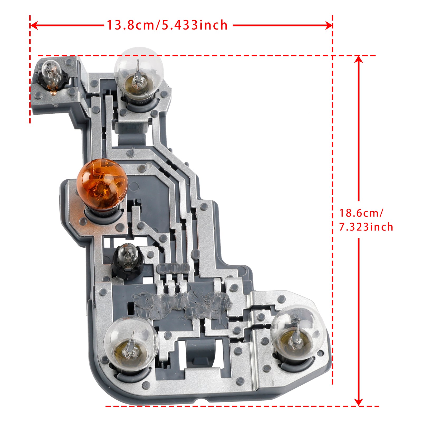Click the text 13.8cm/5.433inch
[x=167, y=25]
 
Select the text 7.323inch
[x=366, y=227]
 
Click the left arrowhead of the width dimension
[x=33, y=26]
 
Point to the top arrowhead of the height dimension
[x=358, y=59]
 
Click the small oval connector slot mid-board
[x=173, y=268]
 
